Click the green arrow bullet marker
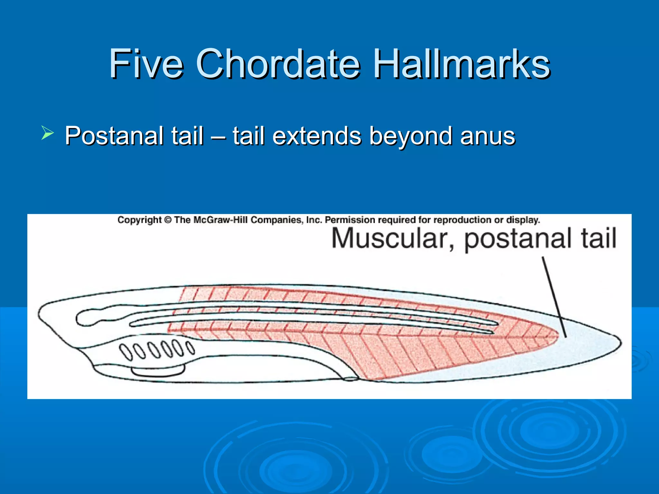click(47, 133)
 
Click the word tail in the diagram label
click(598, 238)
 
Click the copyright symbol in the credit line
click(168, 220)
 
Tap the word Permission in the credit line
click(350, 220)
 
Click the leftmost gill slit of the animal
click(125, 351)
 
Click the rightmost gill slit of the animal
click(191, 348)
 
